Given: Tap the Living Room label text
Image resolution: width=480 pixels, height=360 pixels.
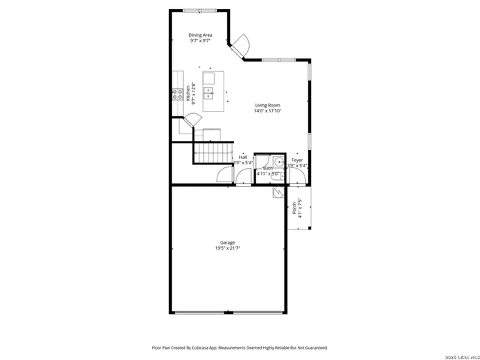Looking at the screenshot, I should coord(267,106).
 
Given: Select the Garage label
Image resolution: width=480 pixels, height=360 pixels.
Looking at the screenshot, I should coord(227,242).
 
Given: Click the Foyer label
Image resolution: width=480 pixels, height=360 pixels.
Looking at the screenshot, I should coord(297,160).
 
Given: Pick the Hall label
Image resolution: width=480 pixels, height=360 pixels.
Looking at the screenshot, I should coord(242,157).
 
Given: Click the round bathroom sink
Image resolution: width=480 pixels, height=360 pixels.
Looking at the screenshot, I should coord(277,160).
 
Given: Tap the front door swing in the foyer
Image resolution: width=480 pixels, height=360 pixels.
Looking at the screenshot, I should coord(298,176).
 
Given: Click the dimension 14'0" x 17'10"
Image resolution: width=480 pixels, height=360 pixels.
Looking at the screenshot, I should coord(267,112).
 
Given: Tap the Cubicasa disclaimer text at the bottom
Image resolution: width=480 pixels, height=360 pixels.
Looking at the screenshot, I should coord(239,348).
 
